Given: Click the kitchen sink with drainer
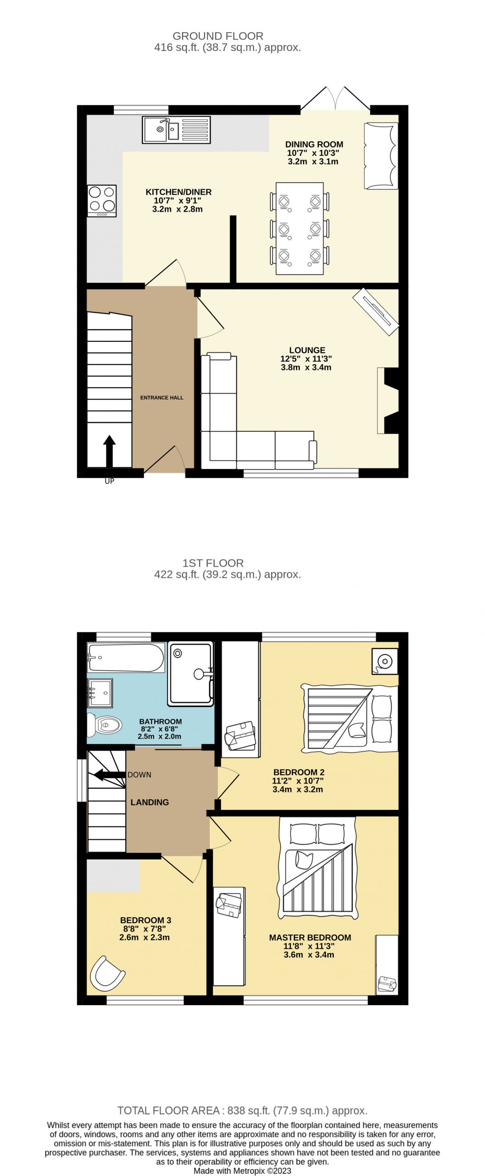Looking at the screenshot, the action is click(176, 130).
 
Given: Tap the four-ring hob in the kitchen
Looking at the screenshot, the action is click(102, 201).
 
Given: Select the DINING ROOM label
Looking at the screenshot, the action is click(314, 144).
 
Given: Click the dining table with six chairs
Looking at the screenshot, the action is click(300, 228).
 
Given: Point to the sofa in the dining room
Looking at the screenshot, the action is click(381, 156).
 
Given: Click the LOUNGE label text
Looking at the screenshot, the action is click(307, 350).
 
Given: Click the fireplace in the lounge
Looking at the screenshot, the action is click(388, 400).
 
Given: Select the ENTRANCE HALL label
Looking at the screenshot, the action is click(162, 398).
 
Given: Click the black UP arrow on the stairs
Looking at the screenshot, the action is click(109, 451).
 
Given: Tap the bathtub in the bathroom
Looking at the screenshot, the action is click(126, 657).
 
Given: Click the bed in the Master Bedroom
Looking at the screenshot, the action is click(317, 867).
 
